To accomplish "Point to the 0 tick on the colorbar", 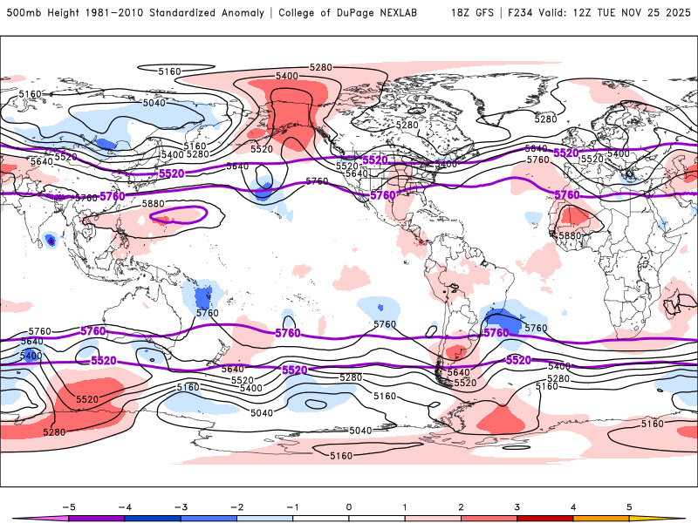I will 349,506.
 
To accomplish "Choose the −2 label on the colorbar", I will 236,506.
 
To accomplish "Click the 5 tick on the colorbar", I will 628,506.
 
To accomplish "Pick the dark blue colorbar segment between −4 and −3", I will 154,518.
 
